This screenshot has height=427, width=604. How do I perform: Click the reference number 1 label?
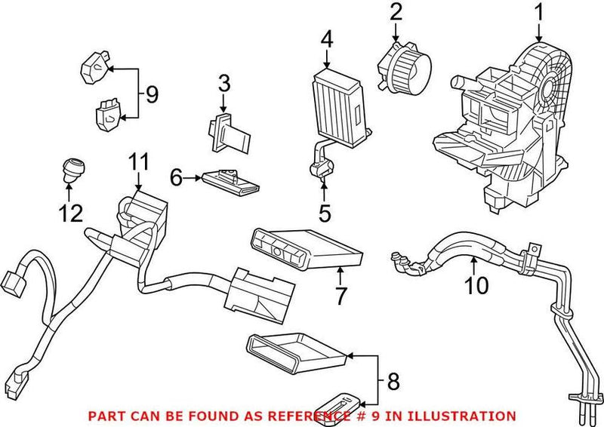tap(539, 12)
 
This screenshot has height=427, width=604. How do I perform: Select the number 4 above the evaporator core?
tap(326, 38)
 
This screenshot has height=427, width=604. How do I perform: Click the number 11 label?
tap(139, 161)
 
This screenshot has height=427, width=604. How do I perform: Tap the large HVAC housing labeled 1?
tap(506, 128)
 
